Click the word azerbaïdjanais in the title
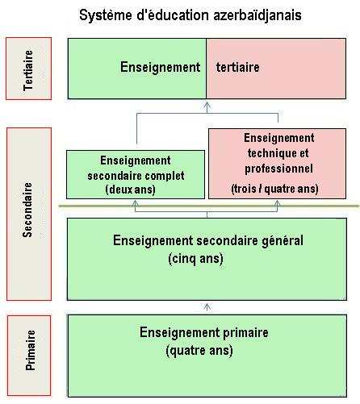257,15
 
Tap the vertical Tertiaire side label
28,70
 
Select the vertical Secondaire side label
27,210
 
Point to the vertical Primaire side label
30,350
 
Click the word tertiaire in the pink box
238,67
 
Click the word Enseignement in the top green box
161,67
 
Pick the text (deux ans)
131,190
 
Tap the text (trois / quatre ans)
274,189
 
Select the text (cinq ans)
195,259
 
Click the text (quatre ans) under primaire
199,351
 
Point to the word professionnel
278,169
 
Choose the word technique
270,153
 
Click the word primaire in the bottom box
245,333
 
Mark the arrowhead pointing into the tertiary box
207,104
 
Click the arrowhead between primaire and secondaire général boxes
207,306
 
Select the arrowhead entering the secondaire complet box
136,203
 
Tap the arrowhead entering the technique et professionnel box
278,203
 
